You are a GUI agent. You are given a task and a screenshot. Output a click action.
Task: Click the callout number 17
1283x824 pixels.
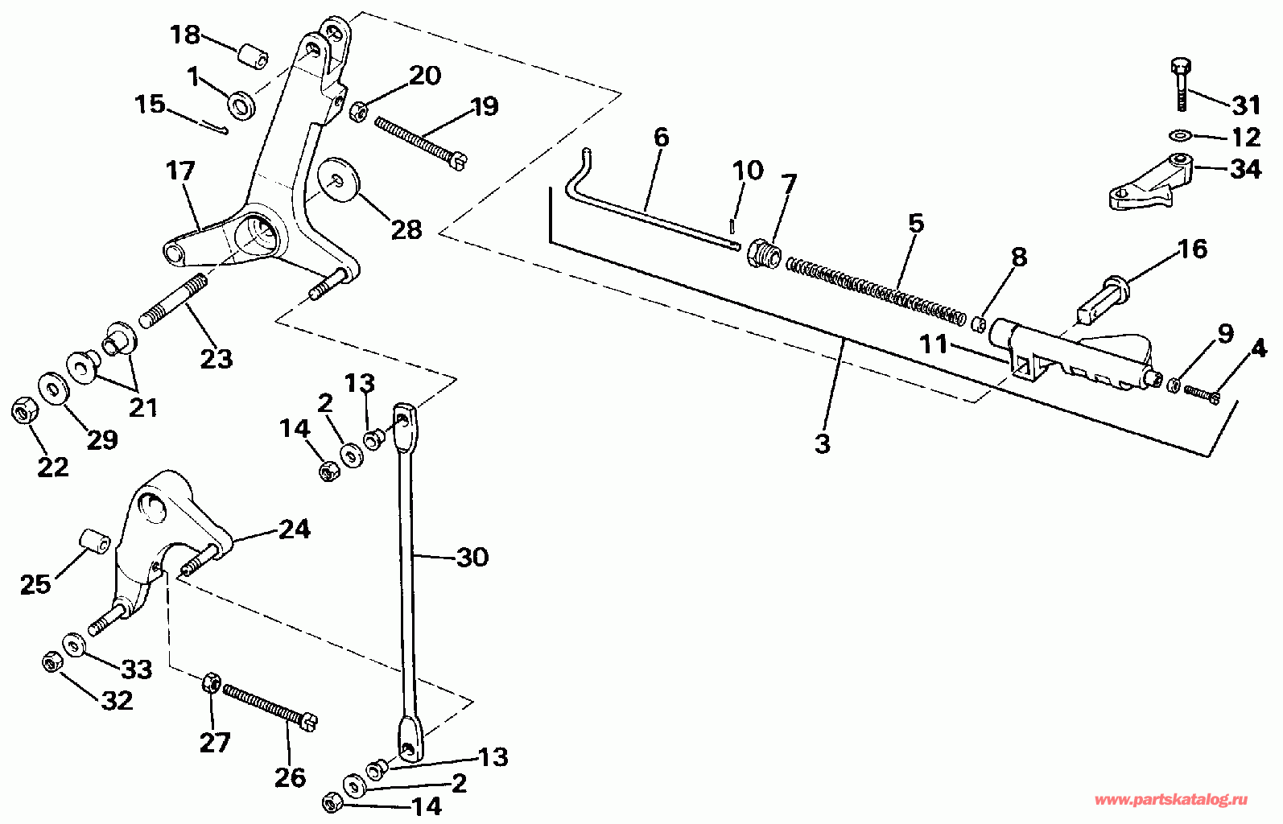[x=181, y=171]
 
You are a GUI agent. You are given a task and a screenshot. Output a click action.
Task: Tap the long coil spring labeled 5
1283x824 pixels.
[x=876, y=288]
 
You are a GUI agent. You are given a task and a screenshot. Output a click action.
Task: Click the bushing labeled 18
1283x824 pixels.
[x=252, y=59]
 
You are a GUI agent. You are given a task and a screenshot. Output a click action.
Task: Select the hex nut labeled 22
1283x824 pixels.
[x=23, y=412]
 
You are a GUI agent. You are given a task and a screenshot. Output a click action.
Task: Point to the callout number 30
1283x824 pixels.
[x=472, y=557]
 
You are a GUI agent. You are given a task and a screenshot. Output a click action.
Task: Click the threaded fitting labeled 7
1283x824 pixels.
[x=764, y=253]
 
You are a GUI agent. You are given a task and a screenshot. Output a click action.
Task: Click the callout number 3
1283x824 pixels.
[x=822, y=443]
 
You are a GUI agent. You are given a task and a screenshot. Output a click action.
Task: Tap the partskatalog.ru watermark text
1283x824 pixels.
[x=1172, y=800]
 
